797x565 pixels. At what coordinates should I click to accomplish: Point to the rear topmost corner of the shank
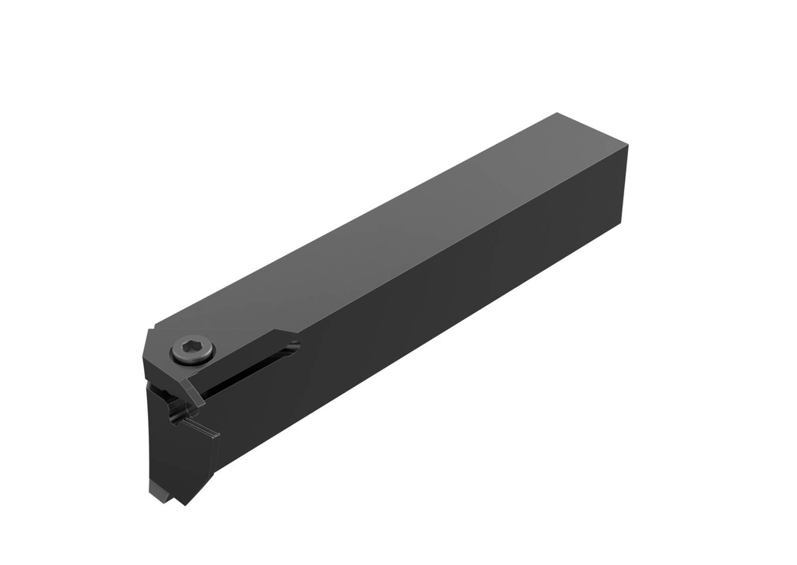coord(558,114)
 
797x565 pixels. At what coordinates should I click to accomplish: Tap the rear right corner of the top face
coord(627,149)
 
